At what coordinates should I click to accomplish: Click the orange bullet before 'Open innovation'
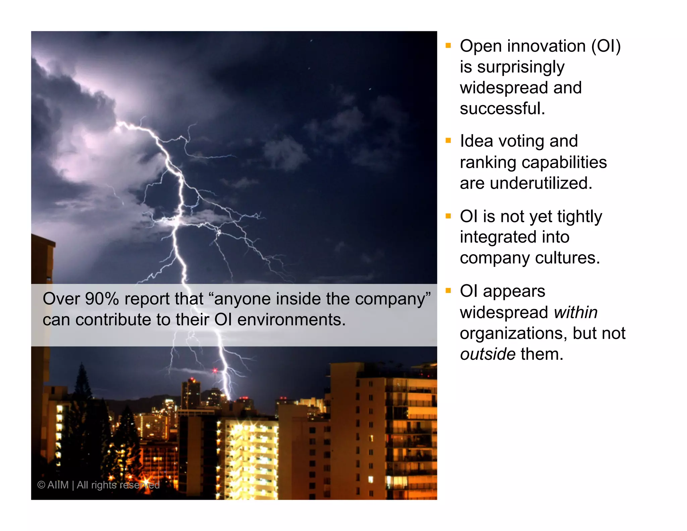(448, 45)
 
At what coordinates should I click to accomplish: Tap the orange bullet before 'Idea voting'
(448, 141)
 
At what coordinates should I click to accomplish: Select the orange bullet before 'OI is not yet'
(448, 216)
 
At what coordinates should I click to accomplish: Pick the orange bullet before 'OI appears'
(448, 291)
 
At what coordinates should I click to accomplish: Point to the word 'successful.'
(503, 109)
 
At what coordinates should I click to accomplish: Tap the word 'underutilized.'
(541, 183)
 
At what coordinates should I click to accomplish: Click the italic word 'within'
(576, 312)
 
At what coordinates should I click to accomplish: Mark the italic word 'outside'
(488, 354)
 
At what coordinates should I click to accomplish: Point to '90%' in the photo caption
(102, 299)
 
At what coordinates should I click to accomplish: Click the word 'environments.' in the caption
(291, 320)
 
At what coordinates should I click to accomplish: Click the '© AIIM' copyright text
(53, 485)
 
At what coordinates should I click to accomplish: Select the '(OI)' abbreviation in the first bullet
(606, 46)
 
